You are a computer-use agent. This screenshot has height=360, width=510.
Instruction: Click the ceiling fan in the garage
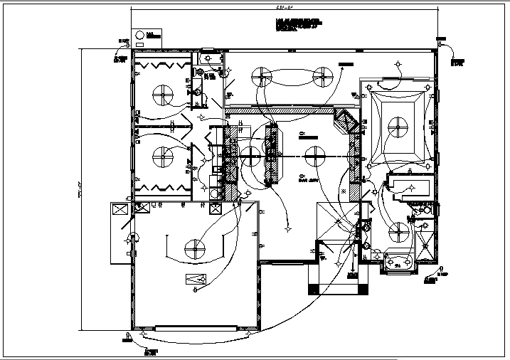[x=193, y=248]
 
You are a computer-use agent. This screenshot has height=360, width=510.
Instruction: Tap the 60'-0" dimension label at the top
[x=285, y=7]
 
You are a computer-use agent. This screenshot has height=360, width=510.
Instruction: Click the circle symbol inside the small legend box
[x=141, y=35]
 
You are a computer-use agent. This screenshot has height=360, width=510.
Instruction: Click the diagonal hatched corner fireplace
[x=346, y=121]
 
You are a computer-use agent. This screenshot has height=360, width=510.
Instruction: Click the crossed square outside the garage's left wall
[x=118, y=211]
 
